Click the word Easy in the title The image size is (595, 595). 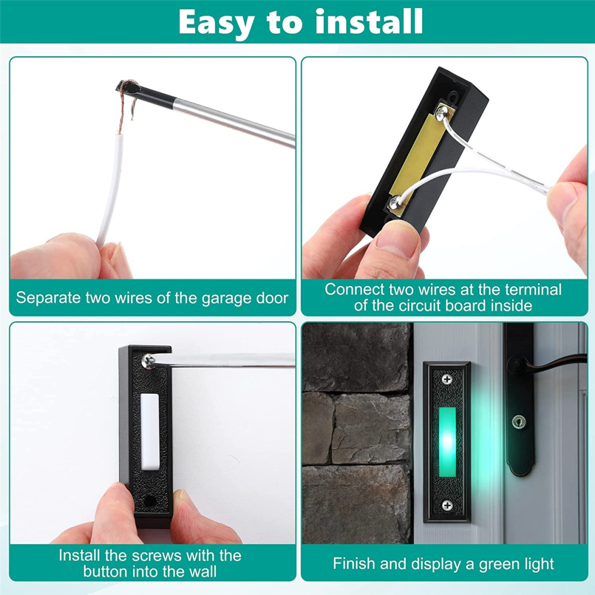pyautogui.click(x=216, y=23)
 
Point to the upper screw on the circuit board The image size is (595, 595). pyautogui.click(x=442, y=112)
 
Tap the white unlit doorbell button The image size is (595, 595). pyautogui.click(x=150, y=431)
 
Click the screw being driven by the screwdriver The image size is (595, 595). pyautogui.click(x=148, y=361)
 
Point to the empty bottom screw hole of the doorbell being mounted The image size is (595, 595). pyautogui.click(x=150, y=501)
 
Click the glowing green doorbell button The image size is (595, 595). pyautogui.click(x=447, y=442)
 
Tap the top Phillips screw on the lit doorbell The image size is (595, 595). pyautogui.click(x=447, y=379)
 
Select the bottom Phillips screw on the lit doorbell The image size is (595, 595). pyautogui.click(x=447, y=505)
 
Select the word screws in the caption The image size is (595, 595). pyautogui.click(x=156, y=555)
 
